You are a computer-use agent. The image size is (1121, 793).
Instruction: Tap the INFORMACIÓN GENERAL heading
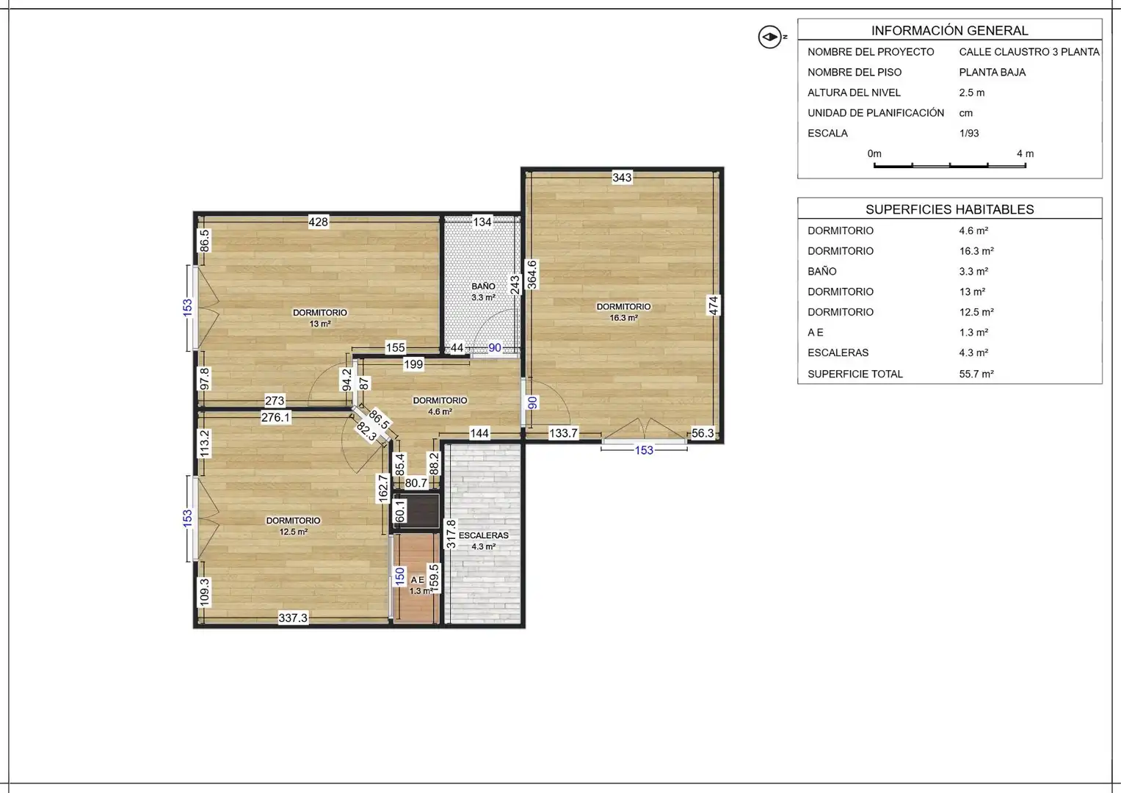(x=949, y=31)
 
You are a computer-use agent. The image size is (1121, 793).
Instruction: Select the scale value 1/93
(x=969, y=133)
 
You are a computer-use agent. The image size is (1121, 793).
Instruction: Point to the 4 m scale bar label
(x=1025, y=153)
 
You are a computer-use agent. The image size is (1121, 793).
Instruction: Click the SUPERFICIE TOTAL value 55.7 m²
(x=976, y=374)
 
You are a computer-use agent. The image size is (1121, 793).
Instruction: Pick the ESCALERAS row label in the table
(x=838, y=352)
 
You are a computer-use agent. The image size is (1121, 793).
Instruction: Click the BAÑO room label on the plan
(x=483, y=286)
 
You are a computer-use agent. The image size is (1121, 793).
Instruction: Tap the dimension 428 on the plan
(x=319, y=221)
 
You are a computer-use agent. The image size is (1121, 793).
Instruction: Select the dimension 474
(x=714, y=305)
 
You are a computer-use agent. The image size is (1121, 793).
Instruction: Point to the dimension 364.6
(x=532, y=275)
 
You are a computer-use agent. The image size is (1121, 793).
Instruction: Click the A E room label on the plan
(x=418, y=580)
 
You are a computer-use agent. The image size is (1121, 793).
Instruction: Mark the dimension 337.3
(x=293, y=618)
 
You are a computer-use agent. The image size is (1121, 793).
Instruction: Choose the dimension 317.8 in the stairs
(x=451, y=535)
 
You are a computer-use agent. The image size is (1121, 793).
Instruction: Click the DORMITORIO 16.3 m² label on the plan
(x=623, y=312)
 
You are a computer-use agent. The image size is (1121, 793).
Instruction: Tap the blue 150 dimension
(x=399, y=576)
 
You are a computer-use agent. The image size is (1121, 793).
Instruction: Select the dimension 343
(x=622, y=177)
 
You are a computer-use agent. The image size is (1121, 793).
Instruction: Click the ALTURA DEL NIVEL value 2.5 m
(x=971, y=93)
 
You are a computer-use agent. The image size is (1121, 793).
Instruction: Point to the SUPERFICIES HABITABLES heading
(x=949, y=209)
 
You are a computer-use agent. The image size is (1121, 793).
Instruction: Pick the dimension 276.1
(x=275, y=417)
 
